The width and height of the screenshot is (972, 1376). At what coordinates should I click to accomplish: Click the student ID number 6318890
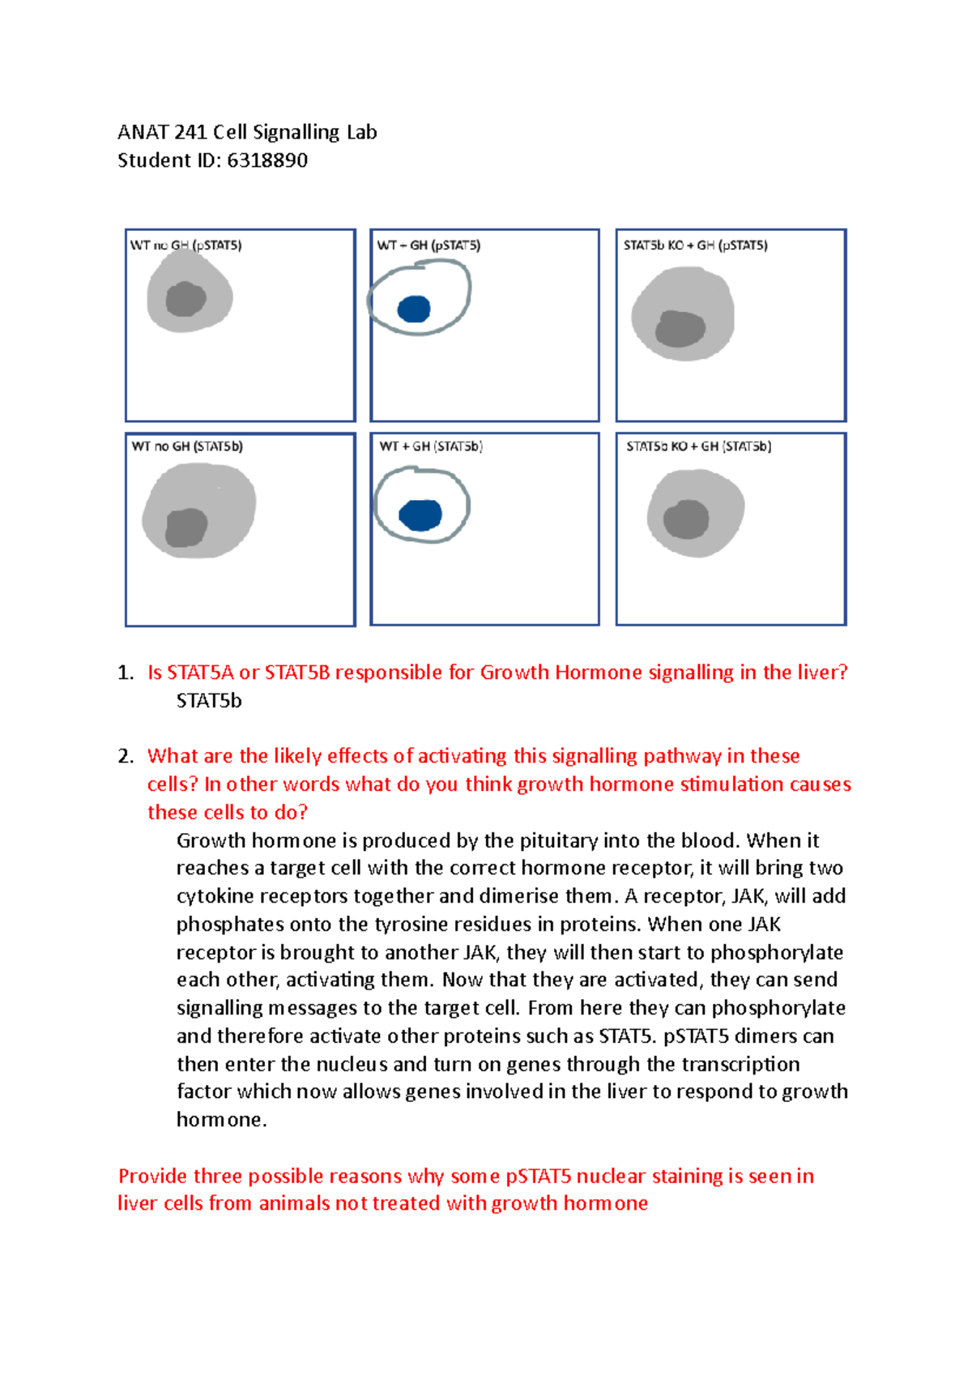267,160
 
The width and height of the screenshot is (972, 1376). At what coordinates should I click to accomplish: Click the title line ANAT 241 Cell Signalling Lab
247,132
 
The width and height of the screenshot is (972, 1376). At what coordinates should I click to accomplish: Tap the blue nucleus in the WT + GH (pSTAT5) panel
414,309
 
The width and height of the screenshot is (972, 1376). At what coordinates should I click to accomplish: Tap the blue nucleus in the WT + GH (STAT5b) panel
420,515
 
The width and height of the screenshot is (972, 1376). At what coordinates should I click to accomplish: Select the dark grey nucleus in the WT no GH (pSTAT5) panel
185,299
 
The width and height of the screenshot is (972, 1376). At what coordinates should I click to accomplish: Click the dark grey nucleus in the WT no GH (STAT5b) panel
186,528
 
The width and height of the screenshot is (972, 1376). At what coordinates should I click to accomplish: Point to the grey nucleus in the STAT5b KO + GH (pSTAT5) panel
680,328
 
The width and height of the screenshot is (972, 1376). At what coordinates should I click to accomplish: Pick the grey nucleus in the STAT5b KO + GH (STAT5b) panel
686,519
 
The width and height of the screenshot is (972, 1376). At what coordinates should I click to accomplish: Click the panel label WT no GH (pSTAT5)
186,245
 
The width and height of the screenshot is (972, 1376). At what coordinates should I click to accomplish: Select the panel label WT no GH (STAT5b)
187,447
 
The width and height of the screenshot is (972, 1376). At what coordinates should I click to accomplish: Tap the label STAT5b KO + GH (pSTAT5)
695,245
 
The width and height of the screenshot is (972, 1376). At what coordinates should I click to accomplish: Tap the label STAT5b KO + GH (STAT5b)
698,447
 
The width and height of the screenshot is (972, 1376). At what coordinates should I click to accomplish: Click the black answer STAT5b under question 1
209,701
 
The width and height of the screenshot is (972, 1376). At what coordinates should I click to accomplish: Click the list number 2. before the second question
125,756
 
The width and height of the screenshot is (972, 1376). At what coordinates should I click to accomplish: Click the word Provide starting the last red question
153,1176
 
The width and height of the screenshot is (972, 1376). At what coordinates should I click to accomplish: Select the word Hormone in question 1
598,673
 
